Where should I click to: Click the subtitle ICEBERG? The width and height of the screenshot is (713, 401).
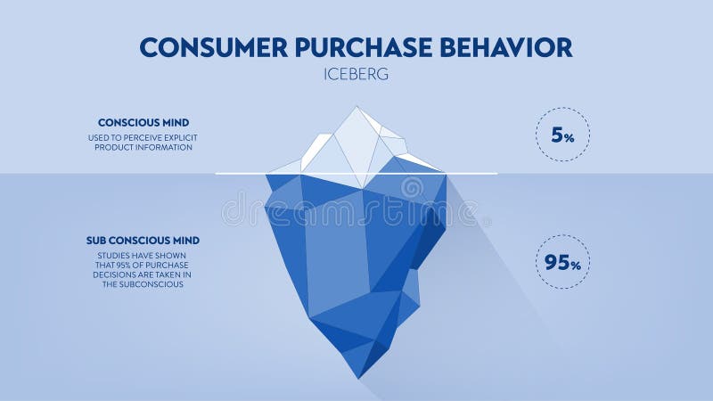pos(356,75)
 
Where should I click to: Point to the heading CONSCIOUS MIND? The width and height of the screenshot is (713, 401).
pos(143,122)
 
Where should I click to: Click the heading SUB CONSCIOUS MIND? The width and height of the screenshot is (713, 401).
pos(143,241)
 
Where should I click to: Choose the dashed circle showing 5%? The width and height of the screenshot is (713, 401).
pos(562,135)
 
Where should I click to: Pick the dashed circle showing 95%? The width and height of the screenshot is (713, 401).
pos(562,262)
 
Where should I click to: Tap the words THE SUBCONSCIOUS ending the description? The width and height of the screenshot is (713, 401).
pos(143,285)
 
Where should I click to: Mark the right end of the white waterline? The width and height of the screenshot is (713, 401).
pos(496,173)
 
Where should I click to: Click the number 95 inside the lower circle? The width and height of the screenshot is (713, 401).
pos(556,262)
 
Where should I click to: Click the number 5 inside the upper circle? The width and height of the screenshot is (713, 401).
pos(557,135)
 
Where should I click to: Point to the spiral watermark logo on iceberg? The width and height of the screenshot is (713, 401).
pos(412,189)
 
